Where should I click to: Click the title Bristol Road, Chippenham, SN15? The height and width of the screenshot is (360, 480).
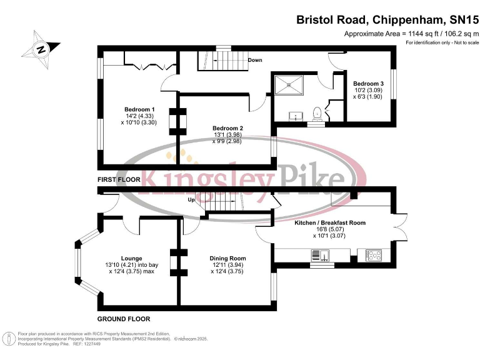386,19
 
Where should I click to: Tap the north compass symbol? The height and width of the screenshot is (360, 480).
41,49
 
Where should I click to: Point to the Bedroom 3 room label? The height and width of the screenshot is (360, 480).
368,84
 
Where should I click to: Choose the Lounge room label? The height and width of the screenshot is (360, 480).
132,258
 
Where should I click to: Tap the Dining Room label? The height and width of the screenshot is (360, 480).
227,258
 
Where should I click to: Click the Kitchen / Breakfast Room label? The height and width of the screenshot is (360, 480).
329,222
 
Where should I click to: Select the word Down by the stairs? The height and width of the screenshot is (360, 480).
254,60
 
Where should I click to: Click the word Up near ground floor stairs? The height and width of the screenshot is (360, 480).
192,200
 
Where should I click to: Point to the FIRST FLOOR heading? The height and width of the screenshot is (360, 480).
119,179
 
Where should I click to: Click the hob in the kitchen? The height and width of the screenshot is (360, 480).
374,254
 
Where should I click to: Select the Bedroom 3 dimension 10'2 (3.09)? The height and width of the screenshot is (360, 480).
368,91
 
